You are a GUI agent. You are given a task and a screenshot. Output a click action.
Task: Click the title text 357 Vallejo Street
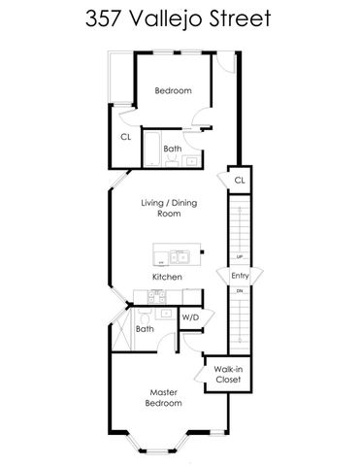click(180, 19)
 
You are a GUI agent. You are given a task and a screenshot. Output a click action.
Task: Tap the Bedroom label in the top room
click(173, 91)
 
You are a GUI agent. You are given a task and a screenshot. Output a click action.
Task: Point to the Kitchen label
click(167, 277)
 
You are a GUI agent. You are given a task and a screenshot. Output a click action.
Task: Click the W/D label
click(191, 316)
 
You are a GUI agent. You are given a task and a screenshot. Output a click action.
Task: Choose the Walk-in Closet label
click(227, 375)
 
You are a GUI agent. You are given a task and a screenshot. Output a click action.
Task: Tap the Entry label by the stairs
click(240, 276)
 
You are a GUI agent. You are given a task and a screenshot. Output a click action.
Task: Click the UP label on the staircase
click(240, 257)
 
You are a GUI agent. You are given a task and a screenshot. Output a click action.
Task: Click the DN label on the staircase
click(240, 290)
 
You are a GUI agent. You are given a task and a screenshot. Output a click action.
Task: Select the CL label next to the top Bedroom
click(125, 137)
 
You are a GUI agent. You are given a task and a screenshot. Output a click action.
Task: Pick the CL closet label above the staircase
click(239, 181)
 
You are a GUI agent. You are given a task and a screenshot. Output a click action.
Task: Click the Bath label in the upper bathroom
click(172, 149)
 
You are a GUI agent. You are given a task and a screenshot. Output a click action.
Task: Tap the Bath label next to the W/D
click(145, 329)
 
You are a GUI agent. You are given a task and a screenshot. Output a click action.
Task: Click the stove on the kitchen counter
click(146, 297)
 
